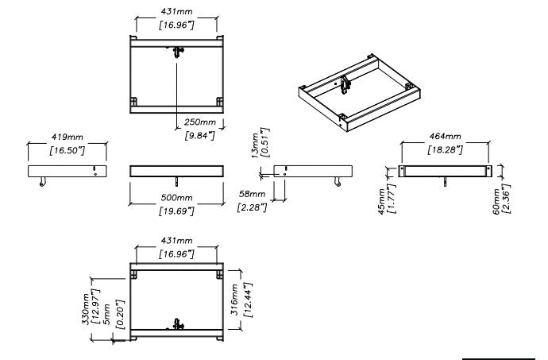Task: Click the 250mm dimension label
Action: click(x=199, y=122)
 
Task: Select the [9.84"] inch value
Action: click(x=199, y=135)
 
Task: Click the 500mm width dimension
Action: click(x=177, y=197)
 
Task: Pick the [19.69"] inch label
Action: click(x=177, y=211)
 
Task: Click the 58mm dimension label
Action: click(x=253, y=195)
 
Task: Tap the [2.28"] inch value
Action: click(x=253, y=208)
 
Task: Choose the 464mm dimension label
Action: click(x=445, y=136)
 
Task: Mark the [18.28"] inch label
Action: click(x=445, y=149)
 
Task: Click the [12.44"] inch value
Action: click(x=247, y=300)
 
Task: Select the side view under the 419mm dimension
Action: click(x=67, y=171)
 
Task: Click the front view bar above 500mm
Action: click(x=177, y=171)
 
